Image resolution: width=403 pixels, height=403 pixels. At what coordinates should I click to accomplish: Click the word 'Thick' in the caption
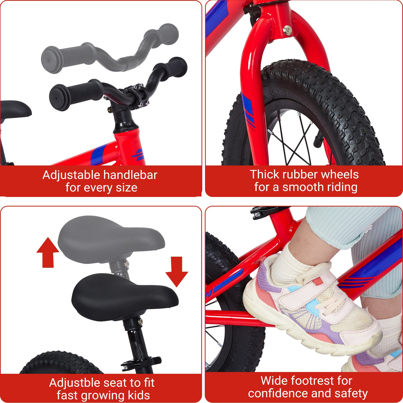click(x=264, y=175)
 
